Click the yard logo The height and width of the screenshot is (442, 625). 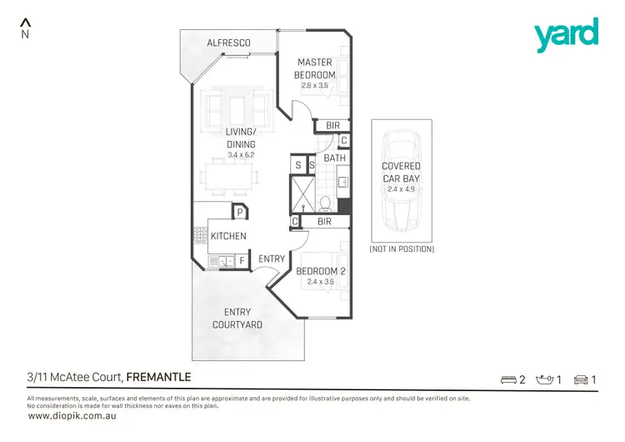pyautogui.click(x=567, y=35)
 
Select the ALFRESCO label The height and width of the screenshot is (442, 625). pyautogui.click(x=228, y=43)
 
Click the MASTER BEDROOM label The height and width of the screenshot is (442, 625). pyautogui.click(x=313, y=68)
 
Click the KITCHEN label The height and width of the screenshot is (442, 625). pyautogui.click(x=228, y=236)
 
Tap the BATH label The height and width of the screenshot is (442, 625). pyautogui.click(x=334, y=158)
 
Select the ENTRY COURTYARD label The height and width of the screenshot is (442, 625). pyautogui.click(x=237, y=318)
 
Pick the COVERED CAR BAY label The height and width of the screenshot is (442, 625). pyautogui.click(x=402, y=172)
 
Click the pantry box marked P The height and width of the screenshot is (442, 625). pyautogui.click(x=239, y=212)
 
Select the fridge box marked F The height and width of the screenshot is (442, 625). pyautogui.click(x=242, y=261)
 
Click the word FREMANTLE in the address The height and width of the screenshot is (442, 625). pyautogui.click(x=158, y=378)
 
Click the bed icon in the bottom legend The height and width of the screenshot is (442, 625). pyautogui.click(x=507, y=380)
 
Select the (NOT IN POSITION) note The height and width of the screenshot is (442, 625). pyautogui.click(x=402, y=249)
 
